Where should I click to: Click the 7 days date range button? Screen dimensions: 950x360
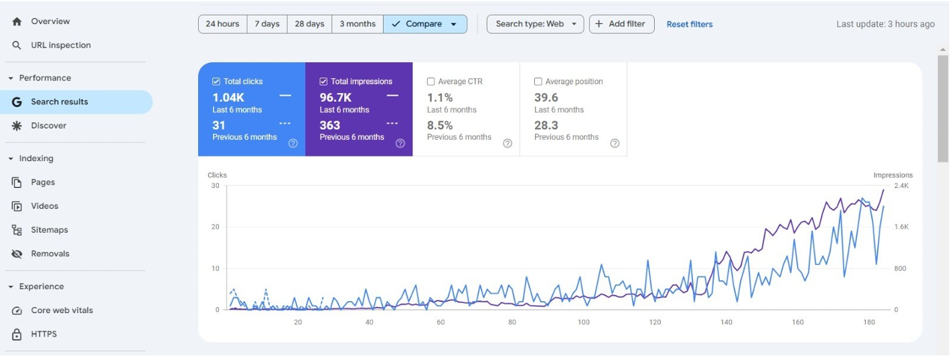coord(267,24)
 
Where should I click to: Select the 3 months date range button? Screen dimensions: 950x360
coord(358,24)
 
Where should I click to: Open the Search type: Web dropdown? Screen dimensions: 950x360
coord(535,24)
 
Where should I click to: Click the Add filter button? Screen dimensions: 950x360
coord(622,24)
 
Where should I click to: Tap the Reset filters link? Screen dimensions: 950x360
coord(690,25)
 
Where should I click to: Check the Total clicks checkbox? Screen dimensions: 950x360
coord(216,82)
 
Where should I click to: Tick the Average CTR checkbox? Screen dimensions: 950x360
coord(431,82)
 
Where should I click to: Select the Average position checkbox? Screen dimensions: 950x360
coord(538,82)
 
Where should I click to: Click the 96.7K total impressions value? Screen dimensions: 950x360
coord(335,98)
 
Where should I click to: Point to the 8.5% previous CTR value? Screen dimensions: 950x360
coord(440,126)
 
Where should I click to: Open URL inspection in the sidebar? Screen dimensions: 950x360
coord(61,45)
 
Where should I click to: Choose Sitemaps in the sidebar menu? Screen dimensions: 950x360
coord(49,230)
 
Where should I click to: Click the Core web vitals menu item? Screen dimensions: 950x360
coord(62,310)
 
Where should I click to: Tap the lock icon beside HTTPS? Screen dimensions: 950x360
coord(17,334)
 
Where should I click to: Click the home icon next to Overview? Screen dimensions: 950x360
coord(17,21)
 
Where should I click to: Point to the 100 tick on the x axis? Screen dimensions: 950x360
coord(584,323)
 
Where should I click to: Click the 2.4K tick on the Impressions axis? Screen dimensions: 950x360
coord(901,186)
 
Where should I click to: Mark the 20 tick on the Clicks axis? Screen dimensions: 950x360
coord(216,227)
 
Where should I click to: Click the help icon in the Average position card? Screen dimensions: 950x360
coord(615,143)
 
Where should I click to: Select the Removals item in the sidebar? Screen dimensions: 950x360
coord(50,254)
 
